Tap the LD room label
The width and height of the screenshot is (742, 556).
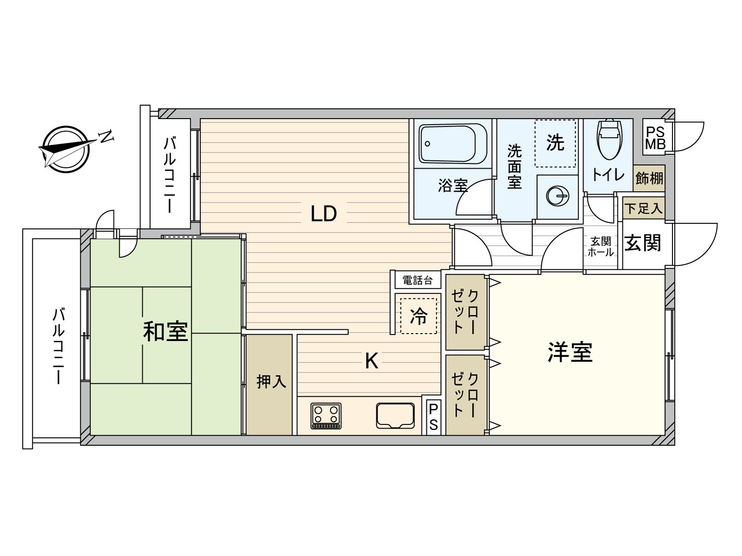click(x=324, y=213)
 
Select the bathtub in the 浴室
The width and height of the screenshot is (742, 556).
click(x=453, y=144)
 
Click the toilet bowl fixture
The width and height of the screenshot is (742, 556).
click(x=609, y=139)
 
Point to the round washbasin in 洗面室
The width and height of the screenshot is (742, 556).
click(x=557, y=196)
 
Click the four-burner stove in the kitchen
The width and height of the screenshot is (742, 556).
click(x=326, y=416)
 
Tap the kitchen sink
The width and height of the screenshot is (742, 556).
click(x=395, y=416)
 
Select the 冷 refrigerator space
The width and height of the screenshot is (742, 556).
click(x=418, y=316)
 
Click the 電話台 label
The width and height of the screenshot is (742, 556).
click(x=417, y=280)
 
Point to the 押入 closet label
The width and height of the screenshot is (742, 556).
click(x=271, y=381)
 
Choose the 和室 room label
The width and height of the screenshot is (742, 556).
click(x=165, y=331)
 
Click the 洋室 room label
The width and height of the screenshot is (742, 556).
click(x=570, y=353)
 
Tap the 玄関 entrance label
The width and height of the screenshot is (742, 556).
click(x=642, y=243)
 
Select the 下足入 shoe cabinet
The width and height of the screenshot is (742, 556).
click(x=643, y=208)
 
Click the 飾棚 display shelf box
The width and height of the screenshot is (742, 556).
click(x=649, y=178)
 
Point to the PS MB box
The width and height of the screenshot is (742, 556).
click(x=655, y=138)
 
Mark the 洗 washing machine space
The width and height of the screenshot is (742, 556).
click(x=555, y=143)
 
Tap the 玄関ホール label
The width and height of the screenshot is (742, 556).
click(x=601, y=247)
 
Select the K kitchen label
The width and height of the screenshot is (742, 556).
click(x=371, y=361)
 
